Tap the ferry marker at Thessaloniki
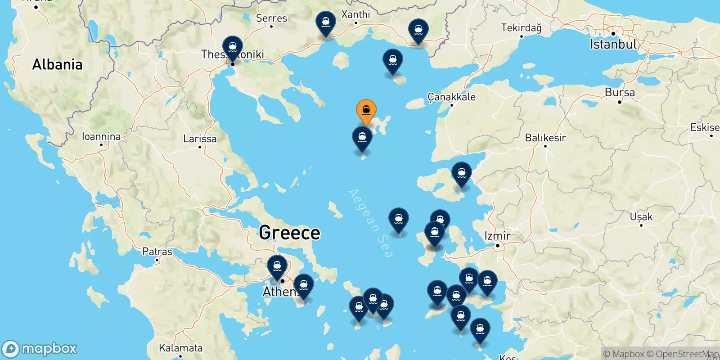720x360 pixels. point(233,48)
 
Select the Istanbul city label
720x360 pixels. point(613,44)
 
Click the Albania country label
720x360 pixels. point(57,65)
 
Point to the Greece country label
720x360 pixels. point(289,233)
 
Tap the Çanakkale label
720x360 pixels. point(451,97)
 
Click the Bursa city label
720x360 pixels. point(620,93)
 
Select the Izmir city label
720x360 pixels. point(497,236)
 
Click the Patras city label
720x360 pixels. point(157,252)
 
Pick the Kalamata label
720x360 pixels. point(180,348)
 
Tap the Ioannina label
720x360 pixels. point(101,136)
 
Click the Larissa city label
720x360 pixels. point(200,139)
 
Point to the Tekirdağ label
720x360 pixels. point(521,28)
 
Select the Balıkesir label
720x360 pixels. point(545,138)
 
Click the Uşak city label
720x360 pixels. point(641,217)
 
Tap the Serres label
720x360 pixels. point(271,18)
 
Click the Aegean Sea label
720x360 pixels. point(370,223)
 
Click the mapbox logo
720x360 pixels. point(40,349)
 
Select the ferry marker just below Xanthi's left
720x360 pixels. point(325,22)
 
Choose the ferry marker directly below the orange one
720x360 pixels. point(362,138)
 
